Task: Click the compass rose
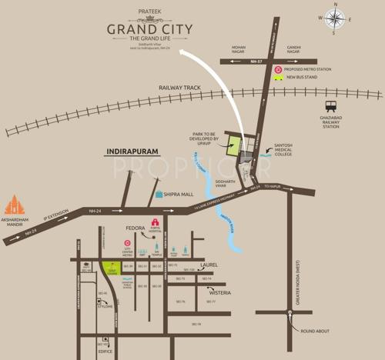[335, 18]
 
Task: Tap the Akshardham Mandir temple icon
[15, 205]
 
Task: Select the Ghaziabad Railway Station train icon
[331, 107]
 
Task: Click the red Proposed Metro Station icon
[278, 68]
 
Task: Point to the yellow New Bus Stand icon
[278, 78]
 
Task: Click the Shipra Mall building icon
[159, 195]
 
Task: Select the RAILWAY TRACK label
[179, 88]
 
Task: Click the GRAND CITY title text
[150, 31]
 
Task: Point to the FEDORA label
[136, 228]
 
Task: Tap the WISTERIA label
[219, 293]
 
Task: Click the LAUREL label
[209, 264]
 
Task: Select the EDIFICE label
[105, 352]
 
